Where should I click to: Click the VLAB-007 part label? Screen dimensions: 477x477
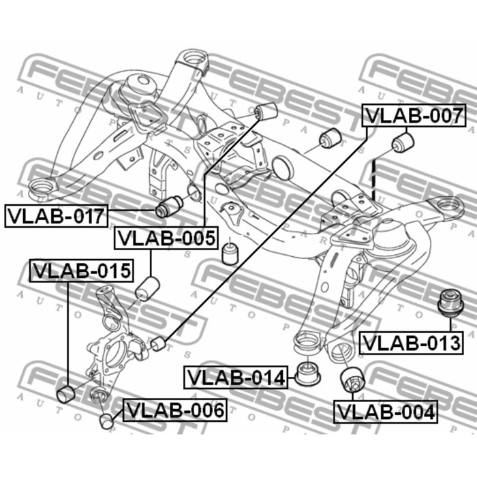[414, 115]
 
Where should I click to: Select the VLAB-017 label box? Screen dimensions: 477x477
[57, 216]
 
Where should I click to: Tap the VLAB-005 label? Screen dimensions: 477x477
[166, 238]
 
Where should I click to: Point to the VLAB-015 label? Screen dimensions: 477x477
[82, 271]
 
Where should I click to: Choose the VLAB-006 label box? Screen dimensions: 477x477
[175, 410]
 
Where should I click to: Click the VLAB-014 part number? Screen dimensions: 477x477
[236, 378]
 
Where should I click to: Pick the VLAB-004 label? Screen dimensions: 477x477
[386, 412]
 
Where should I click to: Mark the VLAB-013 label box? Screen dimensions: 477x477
[412, 343]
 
